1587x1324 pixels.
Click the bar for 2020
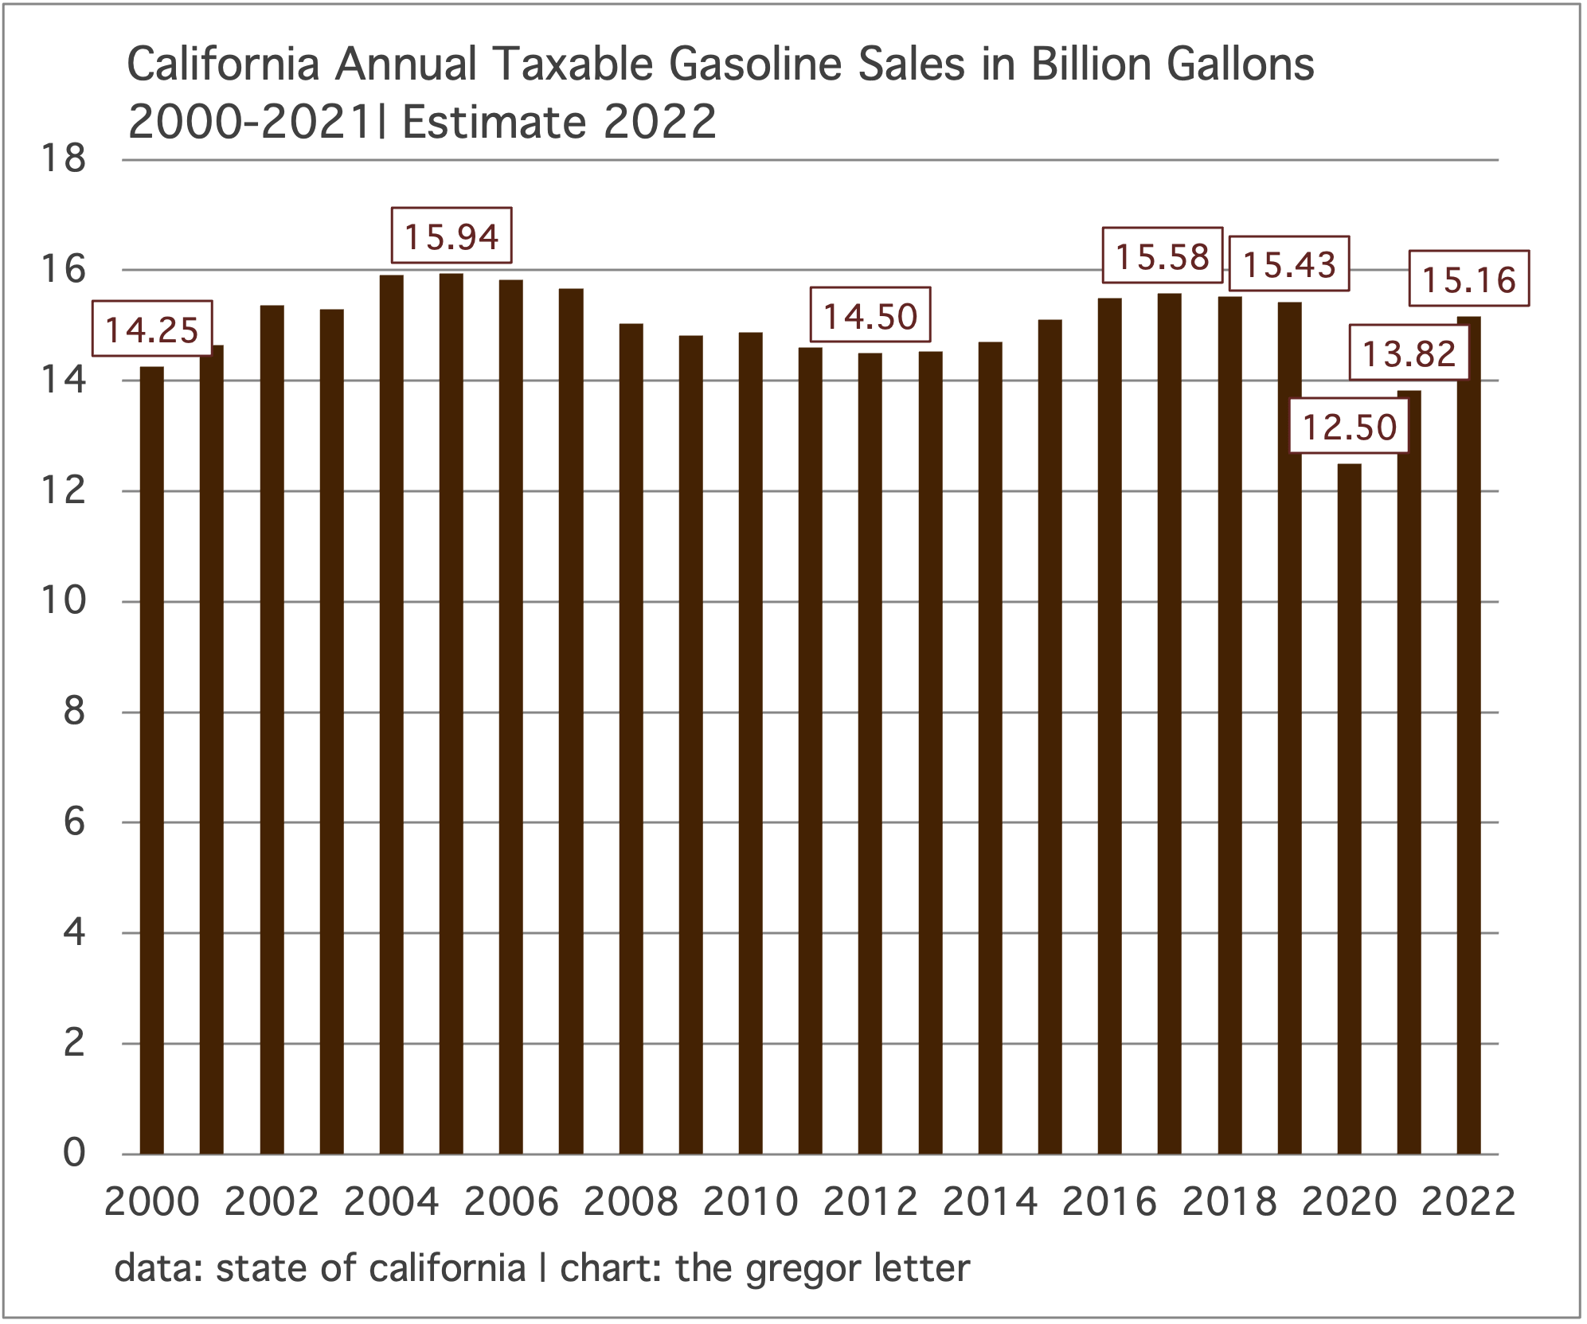click(1349, 808)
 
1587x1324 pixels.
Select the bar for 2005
click(451, 713)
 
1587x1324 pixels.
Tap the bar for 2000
click(151, 760)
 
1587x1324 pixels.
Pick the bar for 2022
click(1469, 735)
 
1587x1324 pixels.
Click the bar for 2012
click(870, 753)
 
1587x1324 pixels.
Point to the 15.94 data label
click(451, 236)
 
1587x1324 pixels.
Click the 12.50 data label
click(1349, 427)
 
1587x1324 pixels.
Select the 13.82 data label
click(1409, 353)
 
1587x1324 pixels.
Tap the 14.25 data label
click(152, 328)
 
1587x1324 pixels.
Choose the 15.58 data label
click(1163, 256)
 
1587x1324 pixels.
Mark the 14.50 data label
click(870, 315)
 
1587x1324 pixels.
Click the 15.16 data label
click(1469, 279)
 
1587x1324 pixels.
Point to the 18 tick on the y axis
click(63, 158)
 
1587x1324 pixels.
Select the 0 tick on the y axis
click(74, 1152)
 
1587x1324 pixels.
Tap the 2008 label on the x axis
click(631, 1201)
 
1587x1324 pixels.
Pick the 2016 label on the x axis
click(1109, 1201)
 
